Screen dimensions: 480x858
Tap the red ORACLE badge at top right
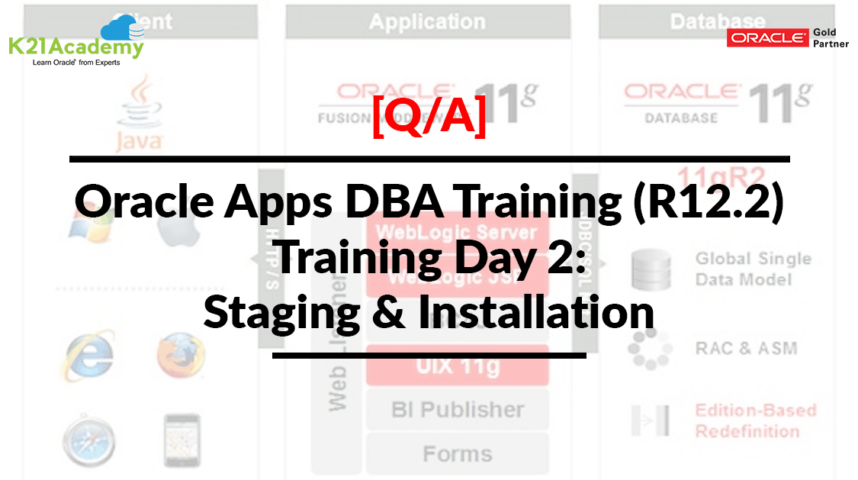[x=766, y=38]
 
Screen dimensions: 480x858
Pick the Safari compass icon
[x=89, y=442]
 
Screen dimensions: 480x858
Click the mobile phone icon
[x=182, y=441]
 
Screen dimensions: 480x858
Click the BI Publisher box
[x=457, y=410]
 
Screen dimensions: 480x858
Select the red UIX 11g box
[x=457, y=366]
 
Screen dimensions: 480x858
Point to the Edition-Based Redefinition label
[x=755, y=420]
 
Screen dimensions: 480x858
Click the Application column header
[x=427, y=21]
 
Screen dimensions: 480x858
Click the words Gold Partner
[x=831, y=38]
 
